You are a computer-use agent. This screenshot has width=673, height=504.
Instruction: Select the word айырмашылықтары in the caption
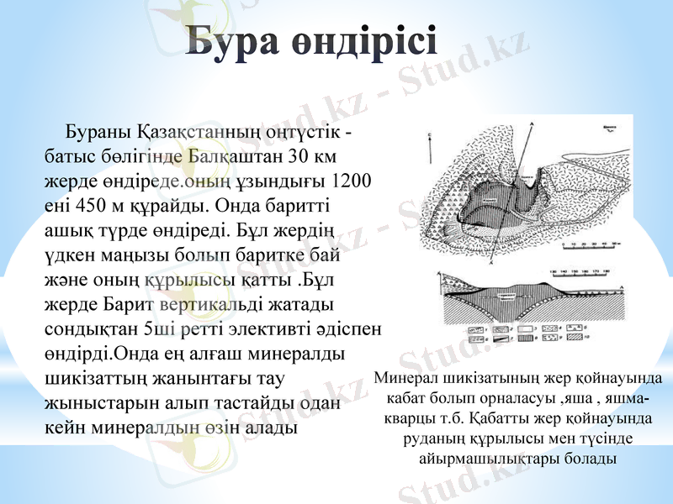coord(517,459)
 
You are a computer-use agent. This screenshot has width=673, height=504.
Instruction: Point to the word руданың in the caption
coord(430,439)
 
